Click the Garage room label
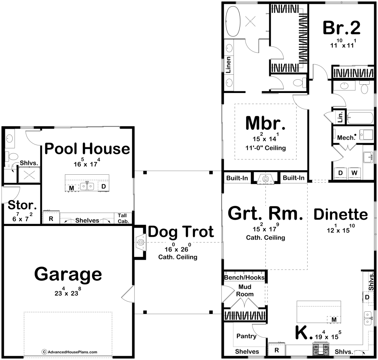tap(68, 274)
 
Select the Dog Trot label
tap(181, 232)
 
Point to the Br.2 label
tap(342, 28)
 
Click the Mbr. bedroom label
tap(265, 123)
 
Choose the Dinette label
tap(341, 214)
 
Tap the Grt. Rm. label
tap(265, 213)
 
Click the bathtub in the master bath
tap(233, 21)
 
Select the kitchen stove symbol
tap(321, 349)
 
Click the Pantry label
tap(246, 336)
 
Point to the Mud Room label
tap(245, 291)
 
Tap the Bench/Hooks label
tap(244, 277)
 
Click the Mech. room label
tap(346, 138)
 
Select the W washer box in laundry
tap(354, 173)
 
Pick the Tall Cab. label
tap(123, 218)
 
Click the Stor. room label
tap(22, 205)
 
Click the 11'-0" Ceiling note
tap(266, 148)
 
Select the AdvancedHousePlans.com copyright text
tap(70, 352)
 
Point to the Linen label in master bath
tap(228, 65)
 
